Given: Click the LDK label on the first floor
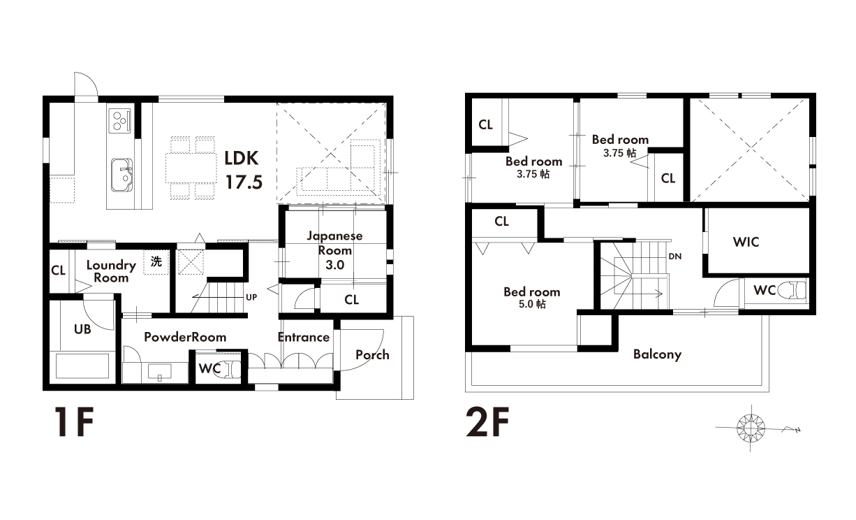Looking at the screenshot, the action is (x=241, y=159).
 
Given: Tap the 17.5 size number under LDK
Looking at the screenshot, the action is (x=244, y=182).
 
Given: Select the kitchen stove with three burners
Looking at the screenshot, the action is (x=119, y=120).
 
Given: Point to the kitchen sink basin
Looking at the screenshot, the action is (x=122, y=175).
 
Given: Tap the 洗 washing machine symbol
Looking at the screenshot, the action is (x=156, y=261).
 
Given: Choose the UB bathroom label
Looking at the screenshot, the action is (x=82, y=329).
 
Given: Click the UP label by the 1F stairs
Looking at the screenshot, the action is (x=251, y=297).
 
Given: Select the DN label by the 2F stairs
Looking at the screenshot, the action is (x=675, y=257).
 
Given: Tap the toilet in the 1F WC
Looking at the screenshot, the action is (x=228, y=369).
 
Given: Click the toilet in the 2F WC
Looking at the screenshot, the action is (x=793, y=291).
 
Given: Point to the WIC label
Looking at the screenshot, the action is (x=746, y=242).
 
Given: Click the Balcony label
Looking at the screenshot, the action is (x=657, y=354).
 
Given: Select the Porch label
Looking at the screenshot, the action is (x=372, y=354).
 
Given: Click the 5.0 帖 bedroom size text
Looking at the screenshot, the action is (x=532, y=304).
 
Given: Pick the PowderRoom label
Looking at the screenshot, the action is (x=185, y=337).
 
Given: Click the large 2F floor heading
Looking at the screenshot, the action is (x=487, y=421).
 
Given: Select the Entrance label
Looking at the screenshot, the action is (x=304, y=337).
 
